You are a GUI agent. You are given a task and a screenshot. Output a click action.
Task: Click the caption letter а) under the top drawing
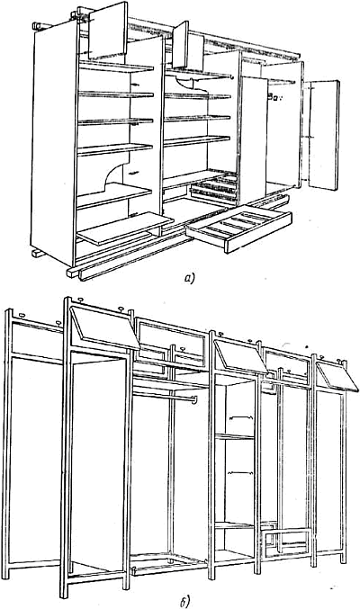(189, 278)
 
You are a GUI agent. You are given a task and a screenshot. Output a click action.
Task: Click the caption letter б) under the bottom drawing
(185, 603)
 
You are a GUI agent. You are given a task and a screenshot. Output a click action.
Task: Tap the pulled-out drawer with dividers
(238, 228)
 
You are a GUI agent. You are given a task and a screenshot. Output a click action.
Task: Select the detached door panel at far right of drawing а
(322, 135)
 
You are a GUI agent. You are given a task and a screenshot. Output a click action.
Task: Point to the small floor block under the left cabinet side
(38, 254)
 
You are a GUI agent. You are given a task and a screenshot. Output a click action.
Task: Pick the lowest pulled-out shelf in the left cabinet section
(125, 228)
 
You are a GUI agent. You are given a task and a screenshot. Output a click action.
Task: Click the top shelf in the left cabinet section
(116, 67)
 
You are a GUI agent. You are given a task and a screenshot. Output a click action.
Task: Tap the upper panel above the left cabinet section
(108, 31)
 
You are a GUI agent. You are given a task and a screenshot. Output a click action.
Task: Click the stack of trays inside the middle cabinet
(214, 188)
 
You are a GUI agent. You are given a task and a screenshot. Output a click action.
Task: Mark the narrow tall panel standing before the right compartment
(254, 139)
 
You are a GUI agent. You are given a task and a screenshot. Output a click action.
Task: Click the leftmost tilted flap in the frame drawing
(105, 327)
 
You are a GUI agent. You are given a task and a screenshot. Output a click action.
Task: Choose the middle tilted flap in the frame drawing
(240, 356)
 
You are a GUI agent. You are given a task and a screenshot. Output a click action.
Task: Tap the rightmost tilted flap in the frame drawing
(337, 376)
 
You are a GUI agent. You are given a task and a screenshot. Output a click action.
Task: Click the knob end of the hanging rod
(194, 399)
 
